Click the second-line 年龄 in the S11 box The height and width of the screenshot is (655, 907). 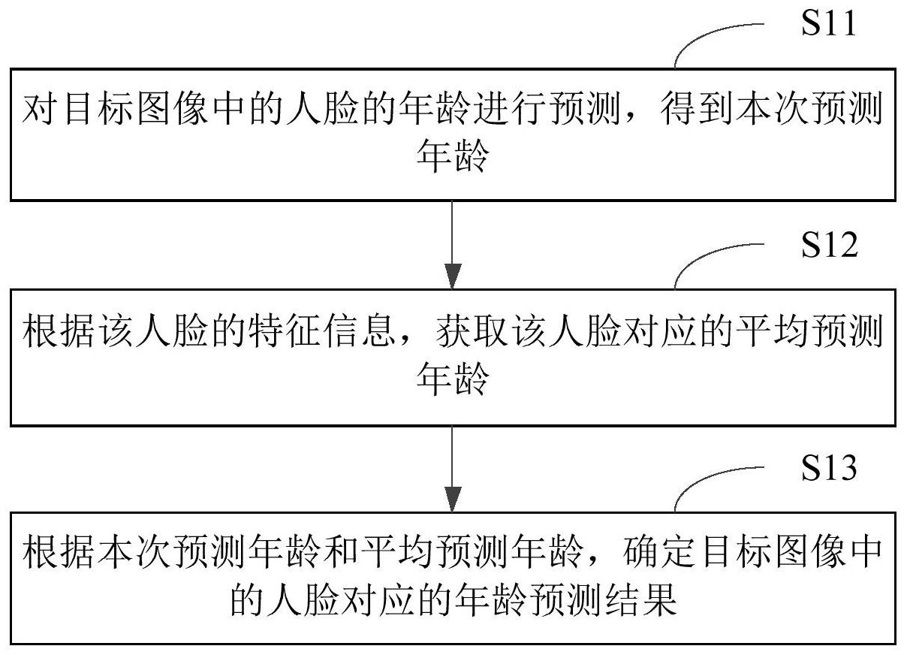tap(453, 158)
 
